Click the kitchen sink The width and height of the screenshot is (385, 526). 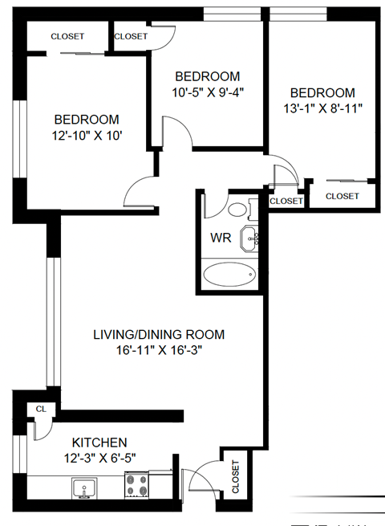click(x=83, y=487)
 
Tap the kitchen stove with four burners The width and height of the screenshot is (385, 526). click(x=136, y=486)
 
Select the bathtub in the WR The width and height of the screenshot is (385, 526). click(x=229, y=275)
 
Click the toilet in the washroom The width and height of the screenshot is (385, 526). click(x=237, y=211)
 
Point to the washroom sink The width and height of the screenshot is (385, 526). click(x=252, y=236)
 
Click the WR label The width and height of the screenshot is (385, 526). click(x=221, y=238)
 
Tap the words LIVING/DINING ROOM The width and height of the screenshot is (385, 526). click(x=158, y=334)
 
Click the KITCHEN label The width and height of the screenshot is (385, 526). click(x=99, y=442)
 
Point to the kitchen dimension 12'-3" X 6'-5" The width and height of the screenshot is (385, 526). click(x=99, y=457)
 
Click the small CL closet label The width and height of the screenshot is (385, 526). click(x=41, y=409)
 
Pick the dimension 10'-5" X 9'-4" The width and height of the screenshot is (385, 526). click(x=208, y=91)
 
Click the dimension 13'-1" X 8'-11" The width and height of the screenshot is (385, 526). click(x=322, y=108)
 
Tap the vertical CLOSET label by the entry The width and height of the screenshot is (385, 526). click(x=236, y=476)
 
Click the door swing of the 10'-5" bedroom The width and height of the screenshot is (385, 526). click(x=176, y=132)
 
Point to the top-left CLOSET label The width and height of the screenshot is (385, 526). click(x=67, y=36)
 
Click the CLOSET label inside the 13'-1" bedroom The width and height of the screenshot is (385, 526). click(x=342, y=196)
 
